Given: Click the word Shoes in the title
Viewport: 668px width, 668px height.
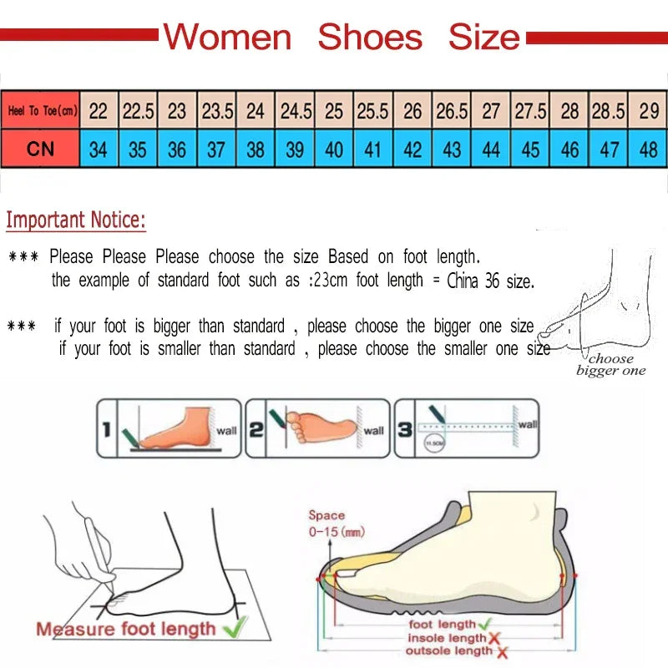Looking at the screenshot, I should click(x=370, y=38).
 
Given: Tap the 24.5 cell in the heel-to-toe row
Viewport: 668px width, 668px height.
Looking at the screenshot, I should click(x=296, y=110).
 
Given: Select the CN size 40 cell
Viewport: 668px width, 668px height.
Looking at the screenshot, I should click(x=334, y=149).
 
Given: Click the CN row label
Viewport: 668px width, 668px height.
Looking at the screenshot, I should click(x=40, y=149).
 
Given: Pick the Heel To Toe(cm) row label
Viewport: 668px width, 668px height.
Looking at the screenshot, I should click(x=42, y=110).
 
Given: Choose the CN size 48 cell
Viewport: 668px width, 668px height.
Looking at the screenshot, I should click(x=648, y=149).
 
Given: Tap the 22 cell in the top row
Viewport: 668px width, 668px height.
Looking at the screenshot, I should click(x=99, y=110).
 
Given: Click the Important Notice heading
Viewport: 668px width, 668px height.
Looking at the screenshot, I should click(x=76, y=220).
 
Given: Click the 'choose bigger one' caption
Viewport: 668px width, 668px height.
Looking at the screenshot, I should click(x=611, y=365).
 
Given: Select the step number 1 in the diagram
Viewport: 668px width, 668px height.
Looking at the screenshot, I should click(x=106, y=429).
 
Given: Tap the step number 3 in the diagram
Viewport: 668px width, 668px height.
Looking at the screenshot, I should click(x=404, y=429).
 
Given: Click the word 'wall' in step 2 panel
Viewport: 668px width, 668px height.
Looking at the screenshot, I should click(x=373, y=431).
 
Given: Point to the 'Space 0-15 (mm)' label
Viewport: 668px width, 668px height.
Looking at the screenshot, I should click(x=336, y=524).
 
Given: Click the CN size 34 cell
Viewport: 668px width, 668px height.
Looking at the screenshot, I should click(x=99, y=149).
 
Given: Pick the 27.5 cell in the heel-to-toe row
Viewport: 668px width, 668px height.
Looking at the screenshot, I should click(x=530, y=110).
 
